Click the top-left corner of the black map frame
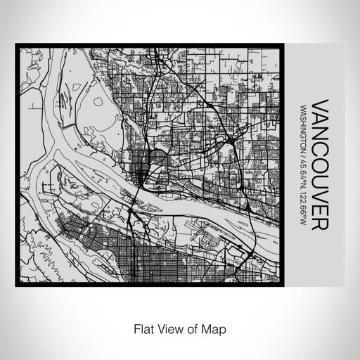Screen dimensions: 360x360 (x=17, y=46)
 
